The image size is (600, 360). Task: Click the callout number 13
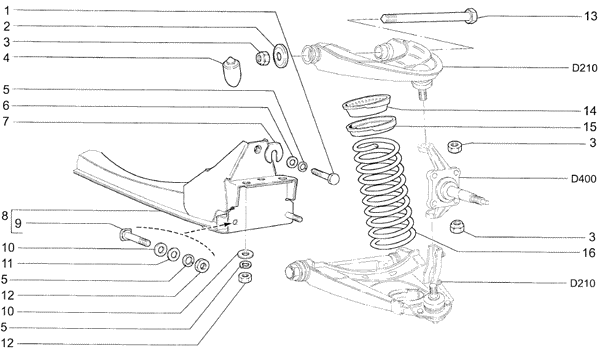(590, 16)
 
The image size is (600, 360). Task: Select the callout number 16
(590, 252)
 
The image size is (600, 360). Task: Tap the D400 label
(584, 179)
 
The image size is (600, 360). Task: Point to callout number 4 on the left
(6, 58)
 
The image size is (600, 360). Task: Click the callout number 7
(6, 122)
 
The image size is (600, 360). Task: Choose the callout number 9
(18, 224)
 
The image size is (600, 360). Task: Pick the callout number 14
(590, 111)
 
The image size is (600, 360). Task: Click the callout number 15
(590, 127)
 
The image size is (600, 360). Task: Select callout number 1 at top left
(6, 10)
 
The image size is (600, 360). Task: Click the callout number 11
(7, 264)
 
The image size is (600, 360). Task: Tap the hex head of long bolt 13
(471, 16)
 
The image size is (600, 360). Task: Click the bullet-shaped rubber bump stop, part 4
(232, 72)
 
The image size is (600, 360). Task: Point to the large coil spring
(383, 194)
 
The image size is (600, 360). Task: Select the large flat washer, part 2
(281, 56)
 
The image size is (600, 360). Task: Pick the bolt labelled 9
(135, 237)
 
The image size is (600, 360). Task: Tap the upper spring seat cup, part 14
(366, 105)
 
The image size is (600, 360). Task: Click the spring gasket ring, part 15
(370, 127)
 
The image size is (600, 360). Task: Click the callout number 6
(6, 106)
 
